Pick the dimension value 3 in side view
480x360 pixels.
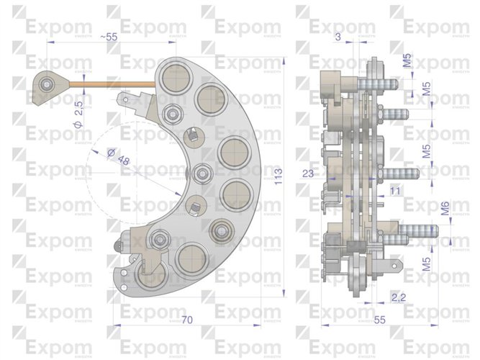338,37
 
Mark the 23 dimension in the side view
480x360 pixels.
307,173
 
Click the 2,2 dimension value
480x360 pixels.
397,296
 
